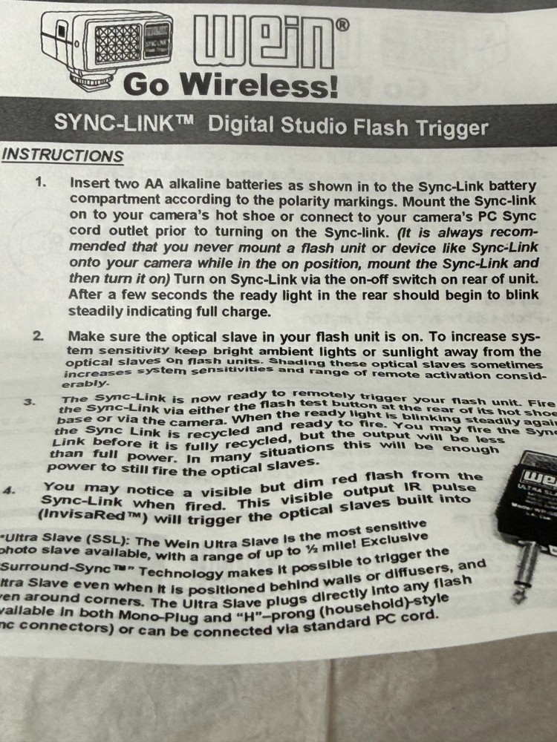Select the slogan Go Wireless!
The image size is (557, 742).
230,86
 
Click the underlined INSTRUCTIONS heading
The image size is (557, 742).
62,156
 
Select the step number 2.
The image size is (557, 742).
38,336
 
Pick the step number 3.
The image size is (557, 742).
30,401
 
